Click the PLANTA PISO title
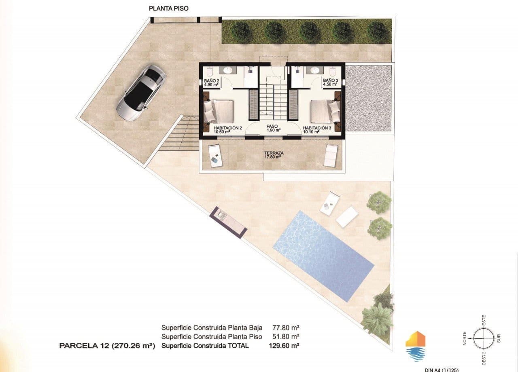[169, 8]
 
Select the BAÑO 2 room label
[212, 83]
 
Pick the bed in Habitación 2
[219, 111]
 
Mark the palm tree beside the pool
[377, 318]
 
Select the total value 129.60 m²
[284, 346]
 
